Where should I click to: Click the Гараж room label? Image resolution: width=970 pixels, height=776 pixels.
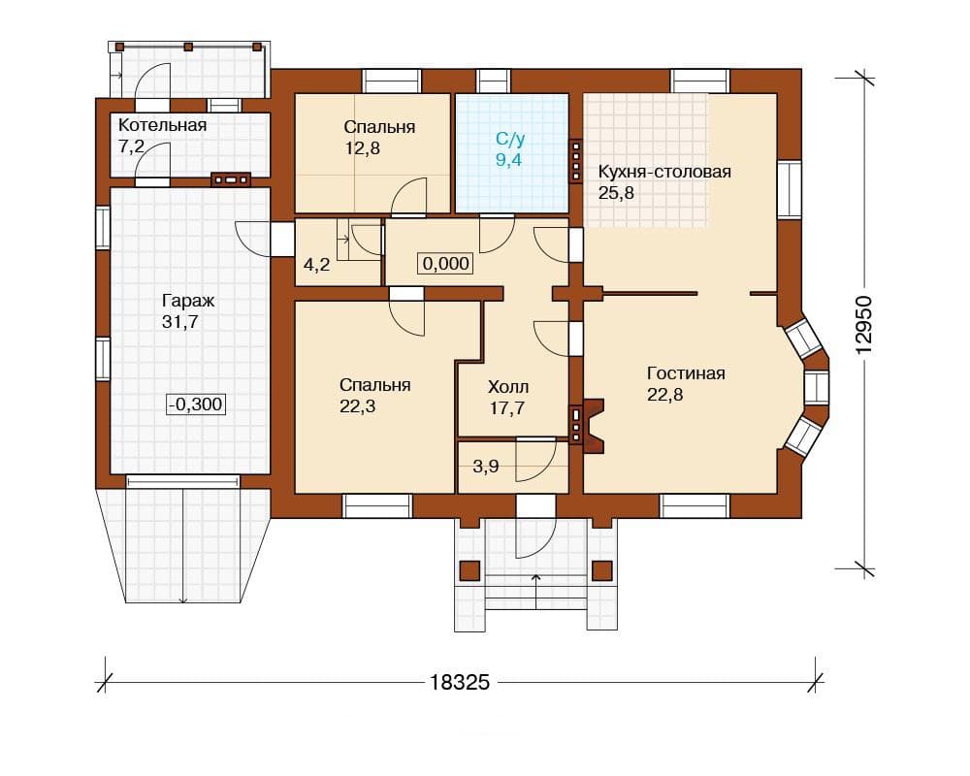pyautogui.click(x=188, y=301)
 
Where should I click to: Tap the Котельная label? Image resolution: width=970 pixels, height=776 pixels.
pyautogui.click(x=162, y=125)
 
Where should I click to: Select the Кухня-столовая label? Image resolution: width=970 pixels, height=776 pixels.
pyautogui.click(x=664, y=172)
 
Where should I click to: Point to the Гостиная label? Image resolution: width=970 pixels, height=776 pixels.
pyautogui.click(x=686, y=373)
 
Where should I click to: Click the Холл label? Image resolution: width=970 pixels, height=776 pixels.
pyautogui.click(x=508, y=387)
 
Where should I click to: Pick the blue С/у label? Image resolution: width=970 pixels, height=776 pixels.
pyautogui.click(x=510, y=138)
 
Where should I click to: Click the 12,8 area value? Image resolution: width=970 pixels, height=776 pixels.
pyautogui.click(x=362, y=148)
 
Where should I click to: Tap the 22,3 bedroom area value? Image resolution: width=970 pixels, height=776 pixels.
pyautogui.click(x=358, y=406)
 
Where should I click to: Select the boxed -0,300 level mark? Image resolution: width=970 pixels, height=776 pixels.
pyautogui.click(x=196, y=404)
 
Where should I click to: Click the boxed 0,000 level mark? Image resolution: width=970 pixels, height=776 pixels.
pyautogui.click(x=445, y=264)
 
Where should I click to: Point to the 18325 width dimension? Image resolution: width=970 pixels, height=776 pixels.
pyautogui.click(x=459, y=682)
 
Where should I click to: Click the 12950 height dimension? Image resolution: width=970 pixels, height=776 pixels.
pyautogui.click(x=864, y=324)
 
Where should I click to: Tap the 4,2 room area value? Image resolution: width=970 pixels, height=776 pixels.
pyautogui.click(x=316, y=266)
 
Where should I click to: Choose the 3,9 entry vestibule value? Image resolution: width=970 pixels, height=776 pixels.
pyautogui.click(x=486, y=466)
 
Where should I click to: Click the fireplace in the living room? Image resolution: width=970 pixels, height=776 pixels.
pyautogui.click(x=593, y=427)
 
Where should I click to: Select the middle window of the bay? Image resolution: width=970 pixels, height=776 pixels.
pyautogui.click(x=816, y=387)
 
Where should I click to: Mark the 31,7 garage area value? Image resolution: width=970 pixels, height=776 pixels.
pyautogui.click(x=180, y=322)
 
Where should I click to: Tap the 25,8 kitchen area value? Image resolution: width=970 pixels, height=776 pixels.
pyautogui.click(x=616, y=193)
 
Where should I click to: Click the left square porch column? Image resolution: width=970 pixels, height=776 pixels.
pyautogui.click(x=470, y=570)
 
